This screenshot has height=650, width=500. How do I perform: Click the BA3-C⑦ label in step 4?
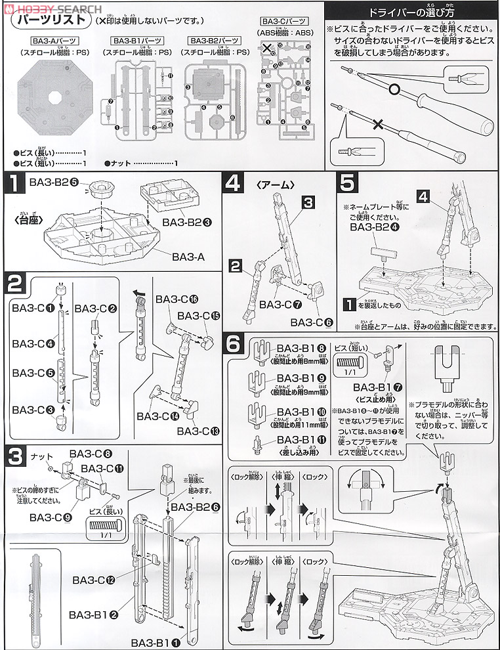tap(280, 305)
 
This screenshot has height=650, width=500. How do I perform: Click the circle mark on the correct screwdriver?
tap(394, 88)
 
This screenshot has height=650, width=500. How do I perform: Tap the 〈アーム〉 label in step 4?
tap(262, 185)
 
